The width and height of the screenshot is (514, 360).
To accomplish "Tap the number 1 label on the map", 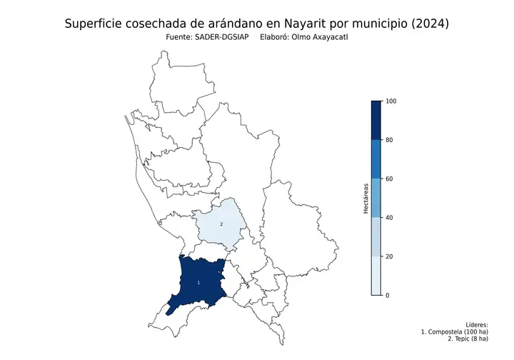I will (198, 284).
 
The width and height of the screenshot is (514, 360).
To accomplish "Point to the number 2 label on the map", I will (221, 224).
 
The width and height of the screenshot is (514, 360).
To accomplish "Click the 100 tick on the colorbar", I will (389, 101).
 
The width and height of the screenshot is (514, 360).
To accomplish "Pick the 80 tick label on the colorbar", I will (389, 140).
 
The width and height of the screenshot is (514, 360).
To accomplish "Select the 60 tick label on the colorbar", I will (389, 179).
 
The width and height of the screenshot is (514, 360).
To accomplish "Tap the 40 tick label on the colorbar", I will (389, 217).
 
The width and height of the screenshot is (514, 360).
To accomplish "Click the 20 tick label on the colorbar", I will (389, 256).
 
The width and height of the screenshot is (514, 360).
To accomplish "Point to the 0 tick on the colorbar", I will (387, 295).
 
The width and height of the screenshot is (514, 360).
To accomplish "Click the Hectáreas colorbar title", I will (365, 198).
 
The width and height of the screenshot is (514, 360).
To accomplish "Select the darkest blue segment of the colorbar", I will (376, 120).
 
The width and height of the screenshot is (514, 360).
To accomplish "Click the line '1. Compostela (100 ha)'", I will (455, 331).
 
